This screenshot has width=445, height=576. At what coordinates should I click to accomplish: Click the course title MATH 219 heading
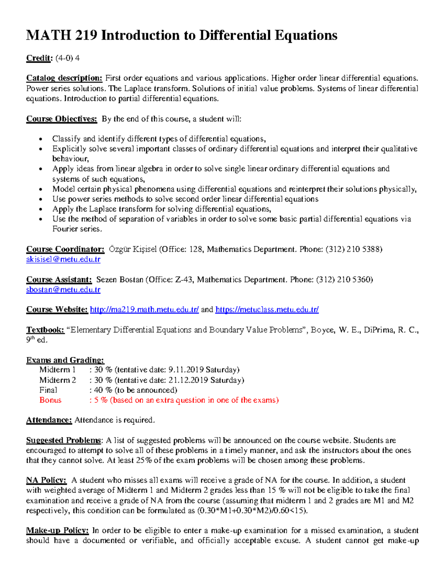(181, 36)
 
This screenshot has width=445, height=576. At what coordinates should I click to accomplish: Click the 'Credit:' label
(39, 58)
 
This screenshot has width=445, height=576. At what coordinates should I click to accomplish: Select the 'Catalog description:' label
(64, 78)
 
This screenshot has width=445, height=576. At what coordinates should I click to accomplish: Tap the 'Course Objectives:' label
(62, 119)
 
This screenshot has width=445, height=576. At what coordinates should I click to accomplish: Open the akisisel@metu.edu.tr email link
(63, 259)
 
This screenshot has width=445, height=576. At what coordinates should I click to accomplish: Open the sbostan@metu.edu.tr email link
(63, 290)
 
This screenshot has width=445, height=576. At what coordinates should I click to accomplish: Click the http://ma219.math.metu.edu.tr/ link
(144, 310)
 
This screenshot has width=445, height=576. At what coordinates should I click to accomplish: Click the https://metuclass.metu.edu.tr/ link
(267, 310)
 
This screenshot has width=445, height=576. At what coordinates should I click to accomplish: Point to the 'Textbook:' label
(45, 330)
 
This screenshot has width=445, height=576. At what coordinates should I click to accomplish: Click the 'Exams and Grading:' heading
(65, 360)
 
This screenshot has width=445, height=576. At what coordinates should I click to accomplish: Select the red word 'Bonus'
(50, 400)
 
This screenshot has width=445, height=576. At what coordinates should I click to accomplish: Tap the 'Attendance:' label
(49, 420)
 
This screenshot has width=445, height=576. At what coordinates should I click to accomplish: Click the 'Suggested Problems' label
(63, 441)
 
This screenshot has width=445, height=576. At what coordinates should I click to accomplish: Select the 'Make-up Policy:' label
(57, 531)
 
